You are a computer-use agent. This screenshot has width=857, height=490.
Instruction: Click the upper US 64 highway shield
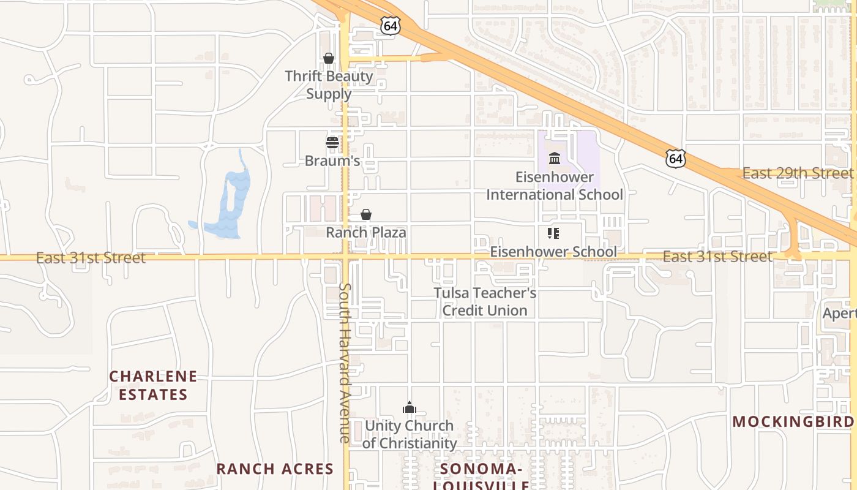point(389,26)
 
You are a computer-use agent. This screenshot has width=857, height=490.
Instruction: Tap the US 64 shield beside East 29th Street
point(676,159)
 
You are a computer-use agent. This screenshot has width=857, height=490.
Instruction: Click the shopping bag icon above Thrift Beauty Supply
point(329,58)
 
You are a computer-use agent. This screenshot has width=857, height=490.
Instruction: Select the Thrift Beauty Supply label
point(329,85)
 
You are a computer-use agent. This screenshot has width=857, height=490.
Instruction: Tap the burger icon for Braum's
point(332,143)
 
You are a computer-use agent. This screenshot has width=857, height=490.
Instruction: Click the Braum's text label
point(332,161)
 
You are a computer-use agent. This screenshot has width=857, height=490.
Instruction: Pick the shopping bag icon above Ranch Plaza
point(366,214)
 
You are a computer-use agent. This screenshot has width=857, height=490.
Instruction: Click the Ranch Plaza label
point(365,233)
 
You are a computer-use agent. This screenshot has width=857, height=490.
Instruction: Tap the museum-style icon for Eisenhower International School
point(555,159)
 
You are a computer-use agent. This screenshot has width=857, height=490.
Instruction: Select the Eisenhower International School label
point(555,186)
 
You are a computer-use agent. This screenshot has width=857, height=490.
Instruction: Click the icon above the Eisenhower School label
point(553,233)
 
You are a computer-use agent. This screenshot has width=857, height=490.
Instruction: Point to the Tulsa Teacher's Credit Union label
point(485,301)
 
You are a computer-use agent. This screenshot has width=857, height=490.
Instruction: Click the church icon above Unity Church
point(409,407)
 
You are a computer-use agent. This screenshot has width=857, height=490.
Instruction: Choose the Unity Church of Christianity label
point(409,434)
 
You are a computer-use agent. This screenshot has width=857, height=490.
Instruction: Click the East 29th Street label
point(797,173)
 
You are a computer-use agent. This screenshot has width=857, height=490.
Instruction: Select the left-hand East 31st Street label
point(91,258)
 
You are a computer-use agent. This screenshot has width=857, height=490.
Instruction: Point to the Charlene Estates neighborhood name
point(153,385)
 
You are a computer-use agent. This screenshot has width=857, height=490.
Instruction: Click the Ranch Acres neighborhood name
point(275,469)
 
